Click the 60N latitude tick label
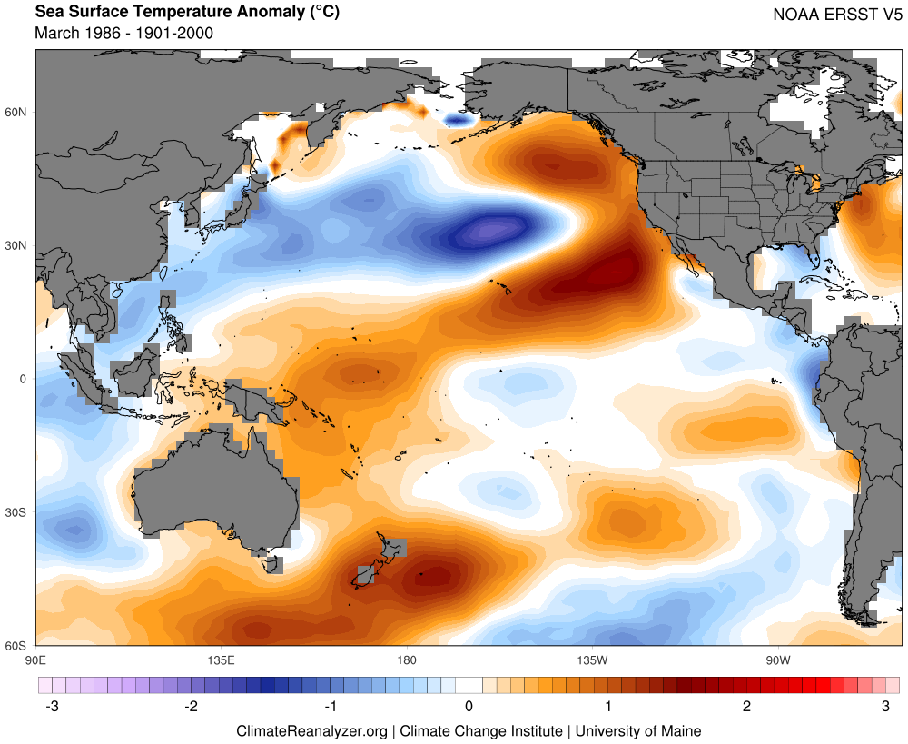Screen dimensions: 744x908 [x=17, y=112]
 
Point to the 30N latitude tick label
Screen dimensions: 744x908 [x=17, y=245]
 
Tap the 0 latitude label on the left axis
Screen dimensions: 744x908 [x=25, y=379]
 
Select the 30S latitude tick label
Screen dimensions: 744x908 [x=17, y=512]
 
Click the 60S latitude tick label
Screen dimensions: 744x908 [x=17, y=646]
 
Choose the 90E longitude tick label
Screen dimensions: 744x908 [x=36, y=659]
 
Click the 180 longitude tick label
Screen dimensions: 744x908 [x=406, y=659]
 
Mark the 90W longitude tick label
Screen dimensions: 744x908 [x=776, y=659]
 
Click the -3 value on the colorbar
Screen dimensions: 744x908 [x=53, y=706]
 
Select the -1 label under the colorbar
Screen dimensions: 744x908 [x=329, y=706]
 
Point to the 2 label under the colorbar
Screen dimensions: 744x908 [x=746, y=706]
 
